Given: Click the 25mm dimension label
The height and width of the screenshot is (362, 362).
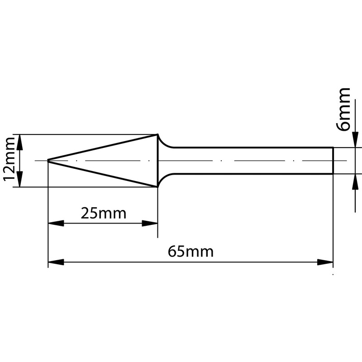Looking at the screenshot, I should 103,213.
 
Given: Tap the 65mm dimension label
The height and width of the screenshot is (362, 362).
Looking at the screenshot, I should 191,251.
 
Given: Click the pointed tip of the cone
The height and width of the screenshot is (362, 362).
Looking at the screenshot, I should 48,161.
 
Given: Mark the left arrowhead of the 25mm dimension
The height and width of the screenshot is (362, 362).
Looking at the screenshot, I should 55,223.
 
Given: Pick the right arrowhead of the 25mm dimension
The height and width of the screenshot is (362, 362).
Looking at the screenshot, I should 150,223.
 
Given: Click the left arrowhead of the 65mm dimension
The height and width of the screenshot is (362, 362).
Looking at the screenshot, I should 55,262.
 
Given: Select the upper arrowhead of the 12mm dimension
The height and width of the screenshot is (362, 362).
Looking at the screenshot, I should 19,141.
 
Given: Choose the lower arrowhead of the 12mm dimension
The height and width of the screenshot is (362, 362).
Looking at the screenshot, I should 19,180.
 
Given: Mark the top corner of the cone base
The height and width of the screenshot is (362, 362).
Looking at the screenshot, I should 157,134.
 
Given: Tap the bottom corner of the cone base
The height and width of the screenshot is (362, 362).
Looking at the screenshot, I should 157,186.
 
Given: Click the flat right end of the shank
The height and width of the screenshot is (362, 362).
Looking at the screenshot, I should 333,161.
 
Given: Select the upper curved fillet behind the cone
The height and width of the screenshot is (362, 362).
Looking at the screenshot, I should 165,144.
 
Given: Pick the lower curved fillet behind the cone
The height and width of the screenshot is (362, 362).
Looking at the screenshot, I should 165,177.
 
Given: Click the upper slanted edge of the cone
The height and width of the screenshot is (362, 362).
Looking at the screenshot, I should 103,147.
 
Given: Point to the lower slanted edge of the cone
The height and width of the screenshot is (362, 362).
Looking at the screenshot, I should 103,174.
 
